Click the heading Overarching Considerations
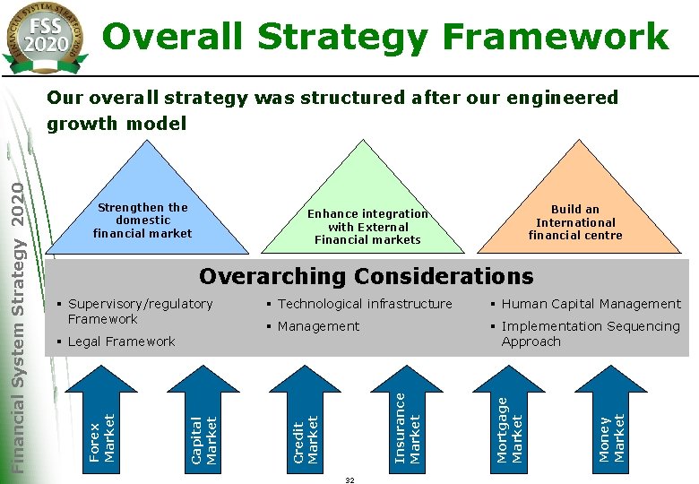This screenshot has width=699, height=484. point(366,276)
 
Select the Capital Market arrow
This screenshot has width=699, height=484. point(204,421)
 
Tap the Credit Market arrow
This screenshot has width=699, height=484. point(306,421)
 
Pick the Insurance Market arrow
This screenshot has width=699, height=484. point(408,417)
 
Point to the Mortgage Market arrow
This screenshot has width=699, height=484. point(509,417)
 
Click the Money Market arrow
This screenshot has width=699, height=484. point(611,421)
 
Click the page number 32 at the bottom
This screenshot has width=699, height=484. point(349,480)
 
